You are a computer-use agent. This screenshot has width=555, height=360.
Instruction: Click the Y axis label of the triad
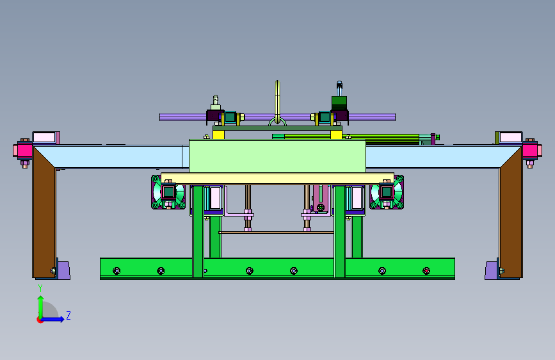[x=40, y=288]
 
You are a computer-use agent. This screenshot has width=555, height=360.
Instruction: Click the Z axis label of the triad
[x=68, y=315]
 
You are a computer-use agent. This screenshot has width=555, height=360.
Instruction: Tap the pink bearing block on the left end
[x=23, y=151]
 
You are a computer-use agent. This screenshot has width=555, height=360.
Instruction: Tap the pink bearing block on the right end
[x=532, y=151]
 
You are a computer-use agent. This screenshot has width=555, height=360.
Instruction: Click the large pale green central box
[x=277, y=156]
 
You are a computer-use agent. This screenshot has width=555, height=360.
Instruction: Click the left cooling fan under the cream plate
[x=168, y=192]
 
